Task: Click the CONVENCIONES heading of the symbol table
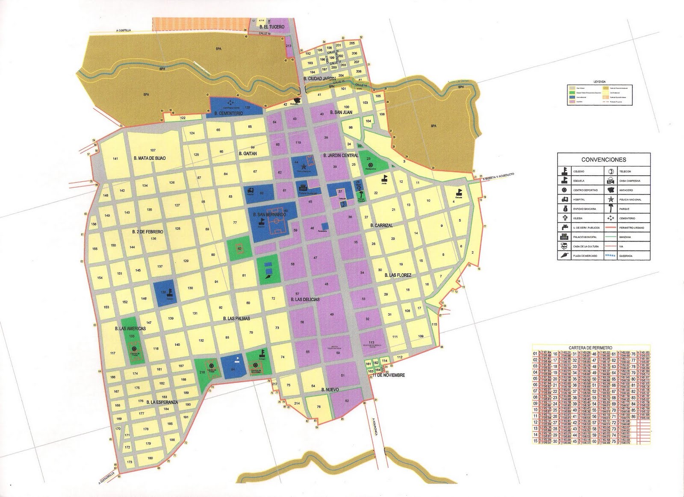[604, 159]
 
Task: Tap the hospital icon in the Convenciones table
[565, 200]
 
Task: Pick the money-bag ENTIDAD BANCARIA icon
[565, 209]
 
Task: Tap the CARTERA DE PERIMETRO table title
[590, 348]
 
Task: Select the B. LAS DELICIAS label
[305, 300]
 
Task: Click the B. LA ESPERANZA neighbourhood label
[162, 402]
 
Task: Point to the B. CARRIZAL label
[381, 225]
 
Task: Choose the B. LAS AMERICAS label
[130, 329]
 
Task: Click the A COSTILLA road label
[124, 31]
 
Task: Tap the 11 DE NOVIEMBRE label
[389, 375]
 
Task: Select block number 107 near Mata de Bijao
[153, 150]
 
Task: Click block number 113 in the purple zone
[371, 342]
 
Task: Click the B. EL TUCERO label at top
[271, 27]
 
